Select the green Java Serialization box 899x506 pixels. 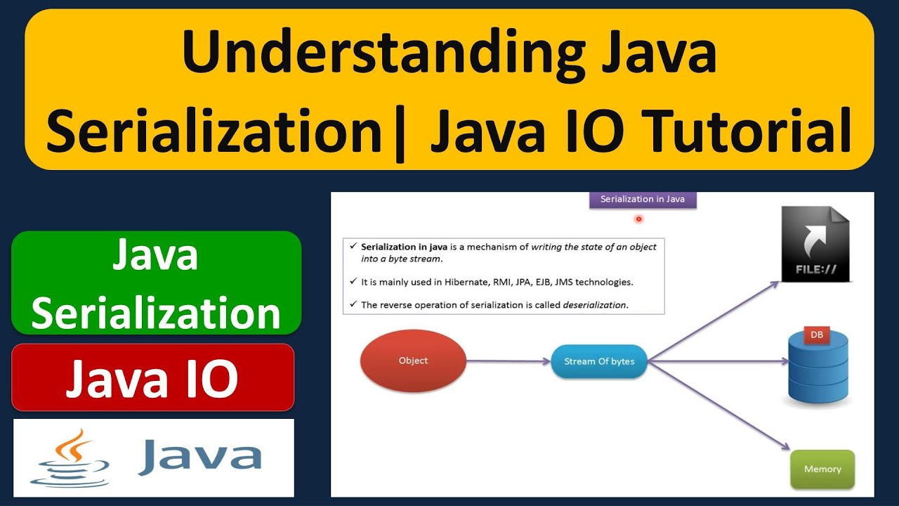pyautogui.click(x=156, y=283)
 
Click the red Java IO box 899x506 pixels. pyautogui.click(x=152, y=377)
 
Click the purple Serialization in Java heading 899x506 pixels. pyautogui.click(x=642, y=200)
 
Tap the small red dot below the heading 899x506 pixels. pyautogui.click(x=638, y=219)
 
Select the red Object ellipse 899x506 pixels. pyautogui.click(x=413, y=361)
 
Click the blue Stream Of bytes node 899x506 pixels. pyautogui.click(x=598, y=361)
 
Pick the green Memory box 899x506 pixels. pyautogui.click(x=822, y=469)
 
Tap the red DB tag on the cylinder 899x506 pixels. pyautogui.click(x=816, y=335)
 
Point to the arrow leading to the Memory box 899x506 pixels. pyautogui.click(x=716, y=406)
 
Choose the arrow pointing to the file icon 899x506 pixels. pyautogui.click(x=713, y=321)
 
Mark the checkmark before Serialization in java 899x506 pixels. pyautogui.click(x=353, y=247)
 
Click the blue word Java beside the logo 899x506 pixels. pyautogui.click(x=200, y=457)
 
